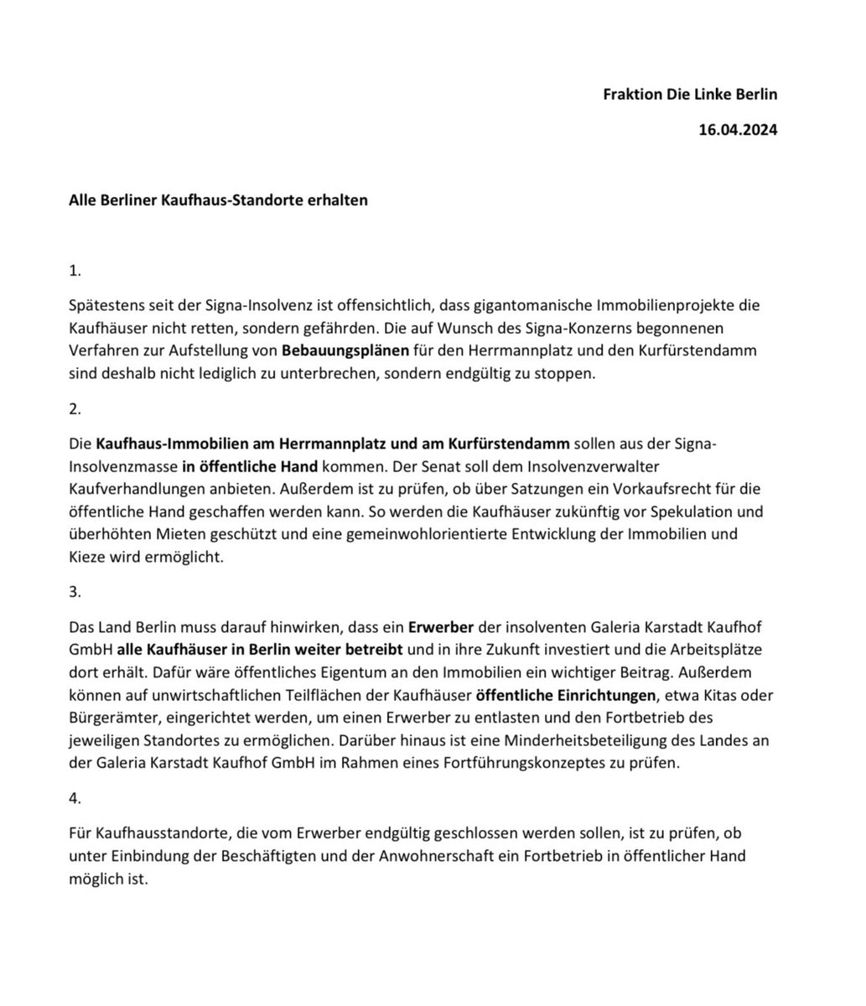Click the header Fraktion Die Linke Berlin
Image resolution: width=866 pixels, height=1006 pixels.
click(690, 94)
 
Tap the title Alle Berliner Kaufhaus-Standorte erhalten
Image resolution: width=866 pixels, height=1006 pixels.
click(218, 201)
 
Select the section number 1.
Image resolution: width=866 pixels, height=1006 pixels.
click(75, 272)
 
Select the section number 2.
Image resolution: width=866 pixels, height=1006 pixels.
click(75, 409)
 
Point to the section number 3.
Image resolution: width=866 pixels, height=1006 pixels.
click(75, 591)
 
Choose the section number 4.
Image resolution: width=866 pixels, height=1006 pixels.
click(75, 799)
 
